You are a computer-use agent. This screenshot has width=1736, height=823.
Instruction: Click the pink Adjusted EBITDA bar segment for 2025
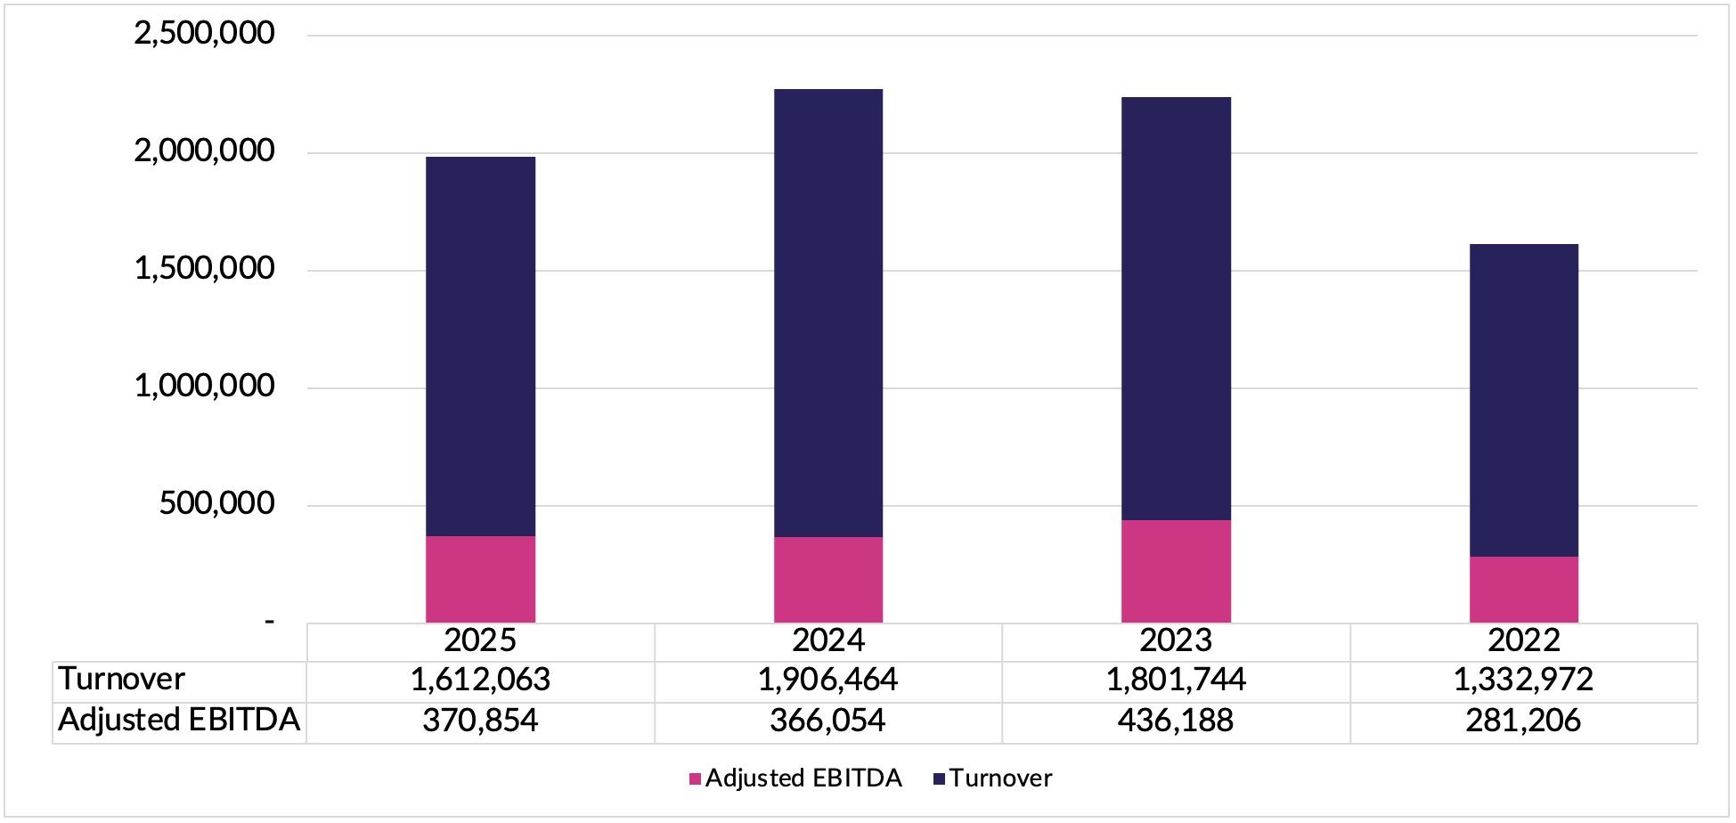[x=480, y=579]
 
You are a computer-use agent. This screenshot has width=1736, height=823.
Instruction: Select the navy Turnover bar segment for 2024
[x=828, y=313]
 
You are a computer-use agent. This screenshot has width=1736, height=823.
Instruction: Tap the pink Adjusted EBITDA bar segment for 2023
[x=1176, y=571]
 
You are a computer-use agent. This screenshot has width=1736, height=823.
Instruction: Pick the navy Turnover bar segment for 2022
[x=1523, y=400]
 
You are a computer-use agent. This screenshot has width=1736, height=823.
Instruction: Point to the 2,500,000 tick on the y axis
[x=204, y=34]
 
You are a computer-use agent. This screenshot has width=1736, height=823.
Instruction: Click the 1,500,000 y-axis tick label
[x=204, y=269]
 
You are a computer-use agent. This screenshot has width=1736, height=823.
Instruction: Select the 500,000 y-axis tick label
[x=216, y=504]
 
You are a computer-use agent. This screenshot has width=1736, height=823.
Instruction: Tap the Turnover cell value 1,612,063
[x=480, y=680]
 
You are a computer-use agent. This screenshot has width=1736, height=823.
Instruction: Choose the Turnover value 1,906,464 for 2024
[x=827, y=680]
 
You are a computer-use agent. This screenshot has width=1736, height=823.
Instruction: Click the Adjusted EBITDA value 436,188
[x=1176, y=721]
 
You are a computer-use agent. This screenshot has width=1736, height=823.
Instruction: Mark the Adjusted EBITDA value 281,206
[x=1523, y=721]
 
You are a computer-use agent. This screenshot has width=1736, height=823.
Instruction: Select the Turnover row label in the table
[x=122, y=680]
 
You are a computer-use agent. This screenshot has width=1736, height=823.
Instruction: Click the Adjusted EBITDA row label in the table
[x=179, y=720]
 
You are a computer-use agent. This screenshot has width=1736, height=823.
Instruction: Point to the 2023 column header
[x=1176, y=640]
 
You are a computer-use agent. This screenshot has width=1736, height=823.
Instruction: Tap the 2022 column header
[x=1523, y=640]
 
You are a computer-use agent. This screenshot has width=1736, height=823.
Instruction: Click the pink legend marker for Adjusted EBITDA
[x=696, y=779]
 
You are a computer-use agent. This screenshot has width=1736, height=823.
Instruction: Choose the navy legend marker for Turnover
[x=939, y=779]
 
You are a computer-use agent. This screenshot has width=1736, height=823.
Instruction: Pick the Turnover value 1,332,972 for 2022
[x=1523, y=680]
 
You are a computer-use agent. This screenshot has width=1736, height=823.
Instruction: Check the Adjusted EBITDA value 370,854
[x=480, y=721]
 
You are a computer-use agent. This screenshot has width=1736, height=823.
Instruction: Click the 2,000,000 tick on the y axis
[x=204, y=151]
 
